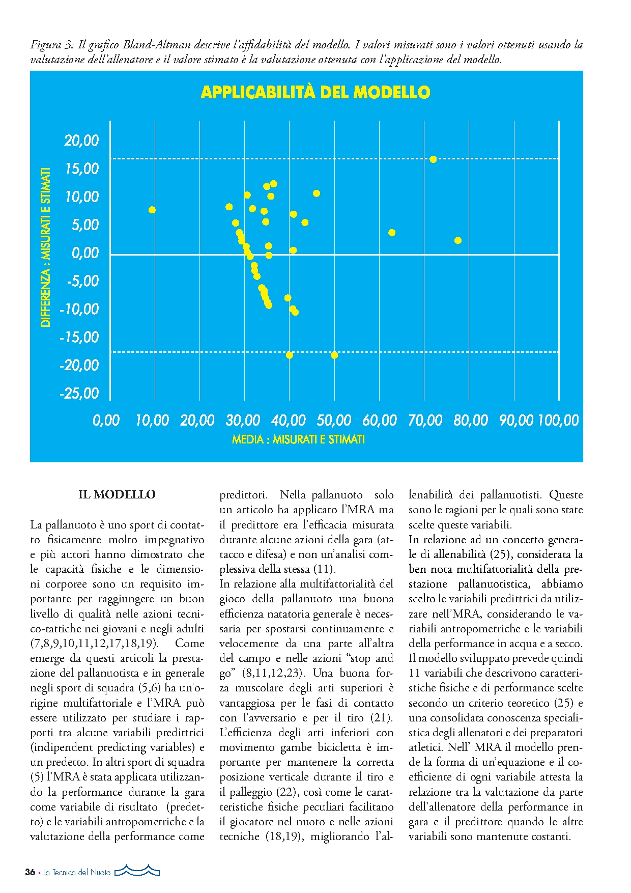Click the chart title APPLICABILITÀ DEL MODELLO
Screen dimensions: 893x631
click(x=315, y=92)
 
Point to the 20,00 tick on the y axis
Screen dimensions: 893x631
click(x=81, y=141)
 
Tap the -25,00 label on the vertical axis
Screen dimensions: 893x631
click(x=79, y=393)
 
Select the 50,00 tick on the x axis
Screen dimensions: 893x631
click(x=334, y=421)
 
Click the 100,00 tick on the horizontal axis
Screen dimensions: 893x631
click(x=558, y=421)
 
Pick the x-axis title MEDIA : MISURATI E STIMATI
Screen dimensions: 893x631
click(x=298, y=439)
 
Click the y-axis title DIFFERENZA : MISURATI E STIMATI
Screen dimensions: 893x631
click(x=46, y=247)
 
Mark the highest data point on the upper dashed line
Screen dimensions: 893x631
click(x=433, y=159)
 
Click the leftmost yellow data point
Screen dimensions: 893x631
click(x=152, y=210)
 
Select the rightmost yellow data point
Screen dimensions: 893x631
click(x=458, y=240)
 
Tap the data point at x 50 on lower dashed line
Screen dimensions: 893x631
click(x=334, y=355)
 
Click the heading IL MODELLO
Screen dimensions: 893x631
click(x=117, y=495)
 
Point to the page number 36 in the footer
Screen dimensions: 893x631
click(x=30, y=872)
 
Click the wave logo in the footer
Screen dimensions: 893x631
click(x=137, y=871)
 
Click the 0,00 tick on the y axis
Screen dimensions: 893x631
click(x=85, y=253)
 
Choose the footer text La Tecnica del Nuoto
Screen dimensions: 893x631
click(x=76, y=872)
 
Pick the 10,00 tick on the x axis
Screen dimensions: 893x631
click(x=152, y=421)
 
